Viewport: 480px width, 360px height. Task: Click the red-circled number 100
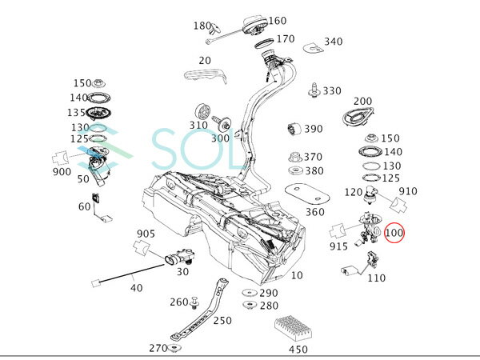pos(395,234)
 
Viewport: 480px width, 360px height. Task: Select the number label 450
pos(297,350)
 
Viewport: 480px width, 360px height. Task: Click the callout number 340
pos(333,42)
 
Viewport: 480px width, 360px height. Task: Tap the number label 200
pos(362,102)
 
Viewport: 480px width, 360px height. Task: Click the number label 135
pos(78,113)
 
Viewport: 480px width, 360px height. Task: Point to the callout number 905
pos(145,234)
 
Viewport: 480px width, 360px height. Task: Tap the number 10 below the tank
pos(297,275)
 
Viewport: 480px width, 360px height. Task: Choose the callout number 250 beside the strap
pos(222,321)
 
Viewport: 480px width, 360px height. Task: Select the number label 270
pos(158,348)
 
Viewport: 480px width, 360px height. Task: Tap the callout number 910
pos(408,192)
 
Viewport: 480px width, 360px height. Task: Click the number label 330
pos(332,91)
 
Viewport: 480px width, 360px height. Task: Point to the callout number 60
pos(84,207)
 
